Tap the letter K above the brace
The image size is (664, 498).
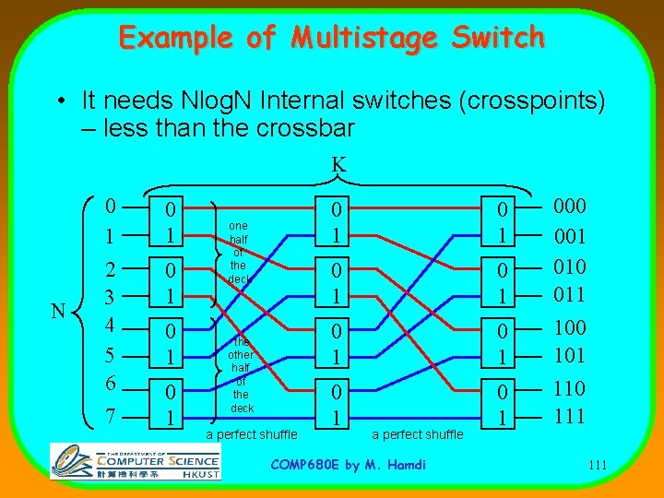(338, 164)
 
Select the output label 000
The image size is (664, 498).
(570, 207)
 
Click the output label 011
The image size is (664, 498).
(570, 295)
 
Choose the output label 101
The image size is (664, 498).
(570, 355)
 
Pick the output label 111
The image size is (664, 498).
(570, 415)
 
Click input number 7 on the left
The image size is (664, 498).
(110, 416)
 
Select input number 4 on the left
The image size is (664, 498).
(110, 326)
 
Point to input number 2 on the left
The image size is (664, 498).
(110, 267)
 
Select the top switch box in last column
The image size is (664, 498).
(501, 221)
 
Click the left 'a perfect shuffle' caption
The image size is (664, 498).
(252, 434)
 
